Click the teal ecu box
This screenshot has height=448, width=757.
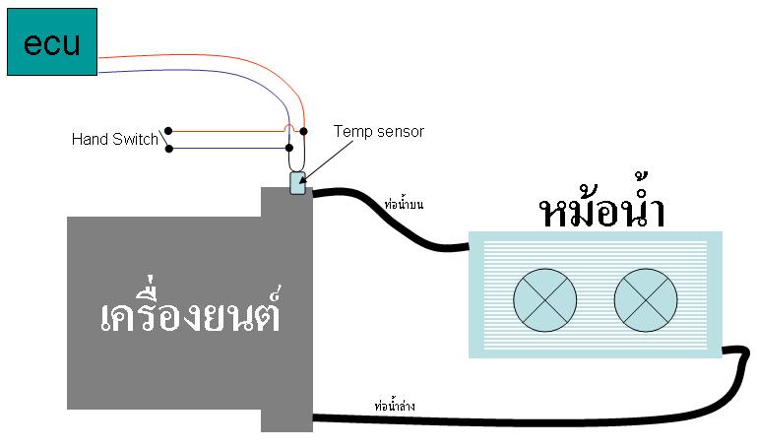click(x=52, y=42)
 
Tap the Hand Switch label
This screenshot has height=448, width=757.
click(x=114, y=140)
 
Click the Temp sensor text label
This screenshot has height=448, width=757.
click(x=379, y=131)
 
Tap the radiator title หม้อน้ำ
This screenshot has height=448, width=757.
click(x=602, y=212)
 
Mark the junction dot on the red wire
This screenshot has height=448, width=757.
click(x=303, y=131)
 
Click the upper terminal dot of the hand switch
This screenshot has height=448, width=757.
click(x=169, y=131)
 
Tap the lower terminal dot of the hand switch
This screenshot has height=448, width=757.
click(x=169, y=150)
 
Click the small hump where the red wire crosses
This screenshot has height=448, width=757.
click(x=287, y=127)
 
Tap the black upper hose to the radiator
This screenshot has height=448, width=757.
click(x=394, y=221)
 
